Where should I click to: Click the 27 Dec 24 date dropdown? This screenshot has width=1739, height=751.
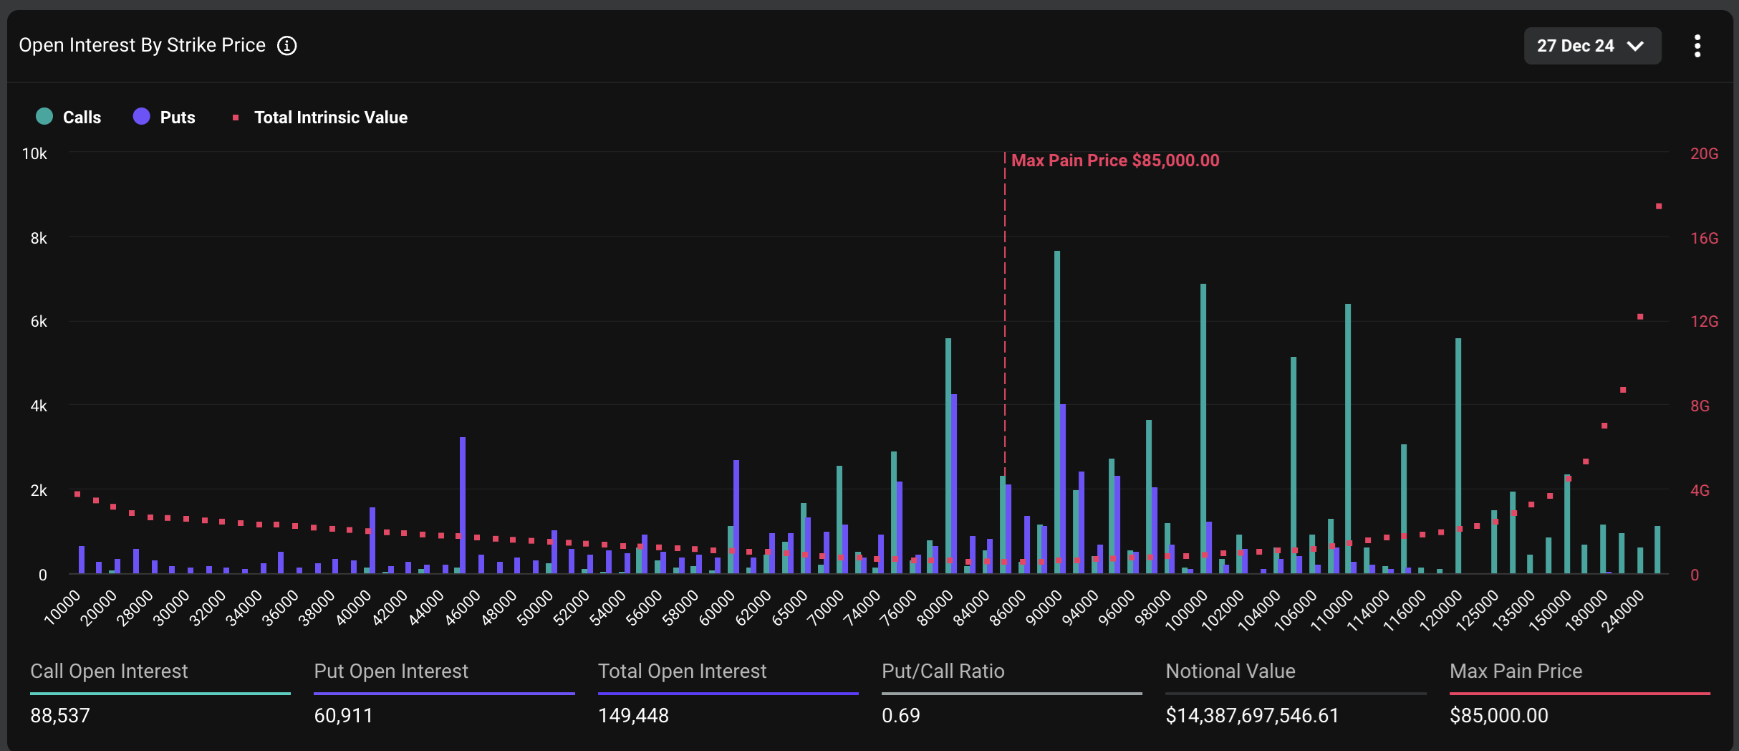click(1591, 46)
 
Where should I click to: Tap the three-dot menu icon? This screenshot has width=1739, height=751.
click(1697, 46)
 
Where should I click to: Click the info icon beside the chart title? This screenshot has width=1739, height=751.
click(287, 46)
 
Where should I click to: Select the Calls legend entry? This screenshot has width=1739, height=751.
click(69, 117)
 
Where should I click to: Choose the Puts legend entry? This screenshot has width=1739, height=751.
click(164, 117)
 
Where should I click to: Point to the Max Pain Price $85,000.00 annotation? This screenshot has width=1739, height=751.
click(1114, 161)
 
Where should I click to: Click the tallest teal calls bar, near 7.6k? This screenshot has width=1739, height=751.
click(1057, 412)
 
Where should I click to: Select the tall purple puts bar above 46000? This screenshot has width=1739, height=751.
click(463, 505)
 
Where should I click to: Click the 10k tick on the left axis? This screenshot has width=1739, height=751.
click(34, 154)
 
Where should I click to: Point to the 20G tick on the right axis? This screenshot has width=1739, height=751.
click(1704, 154)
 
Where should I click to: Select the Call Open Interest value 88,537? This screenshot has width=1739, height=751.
click(60, 715)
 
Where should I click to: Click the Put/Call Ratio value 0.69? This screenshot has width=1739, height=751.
click(900, 715)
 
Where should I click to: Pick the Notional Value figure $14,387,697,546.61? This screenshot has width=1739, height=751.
click(1252, 715)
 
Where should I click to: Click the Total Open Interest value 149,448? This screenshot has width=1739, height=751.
click(633, 715)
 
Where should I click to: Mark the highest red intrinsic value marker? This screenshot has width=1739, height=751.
click(1659, 206)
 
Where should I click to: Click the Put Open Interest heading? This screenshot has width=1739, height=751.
click(391, 671)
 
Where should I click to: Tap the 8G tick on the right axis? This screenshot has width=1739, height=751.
click(1700, 406)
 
